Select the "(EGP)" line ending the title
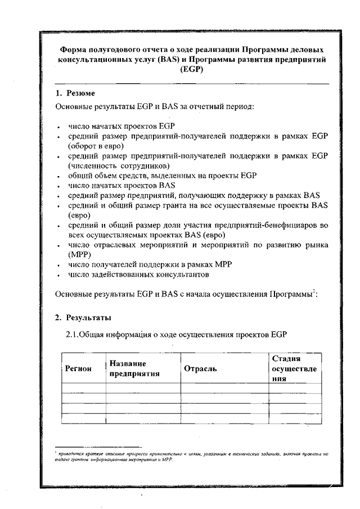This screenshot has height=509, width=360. click(x=191, y=70)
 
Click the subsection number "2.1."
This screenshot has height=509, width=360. click(x=75, y=335)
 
